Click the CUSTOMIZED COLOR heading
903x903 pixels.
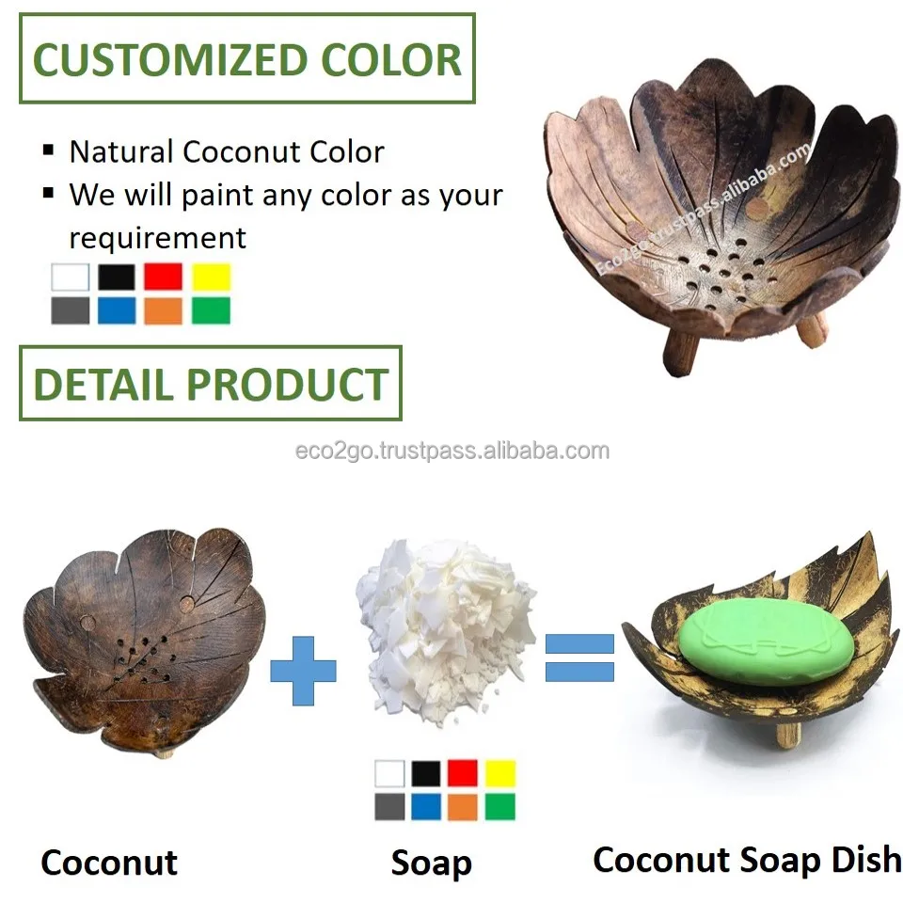click(x=247, y=58)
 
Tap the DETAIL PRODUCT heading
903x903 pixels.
click(x=211, y=384)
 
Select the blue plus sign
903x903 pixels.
click(x=303, y=670)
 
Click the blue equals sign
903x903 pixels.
click(x=579, y=657)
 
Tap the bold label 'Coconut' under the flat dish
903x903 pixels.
click(x=109, y=862)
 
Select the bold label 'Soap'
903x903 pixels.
click(x=431, y=863)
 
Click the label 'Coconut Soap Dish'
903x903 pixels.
click(x=747, y=859)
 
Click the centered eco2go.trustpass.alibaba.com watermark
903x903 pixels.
click(x=451, y=451)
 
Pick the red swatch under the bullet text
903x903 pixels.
click(x=163, y=277)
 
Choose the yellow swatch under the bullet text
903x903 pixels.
click(x=211, y=277)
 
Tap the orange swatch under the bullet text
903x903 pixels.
click(x=163, y=310)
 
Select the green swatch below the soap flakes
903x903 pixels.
click(x=499, y=806)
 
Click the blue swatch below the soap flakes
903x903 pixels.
click(x=425, y=806)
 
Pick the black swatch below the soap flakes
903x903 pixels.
click(x=425, y=773)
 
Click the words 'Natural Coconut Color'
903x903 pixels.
click(x=226, y=151)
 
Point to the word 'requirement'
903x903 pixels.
click(x=157, y=237)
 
